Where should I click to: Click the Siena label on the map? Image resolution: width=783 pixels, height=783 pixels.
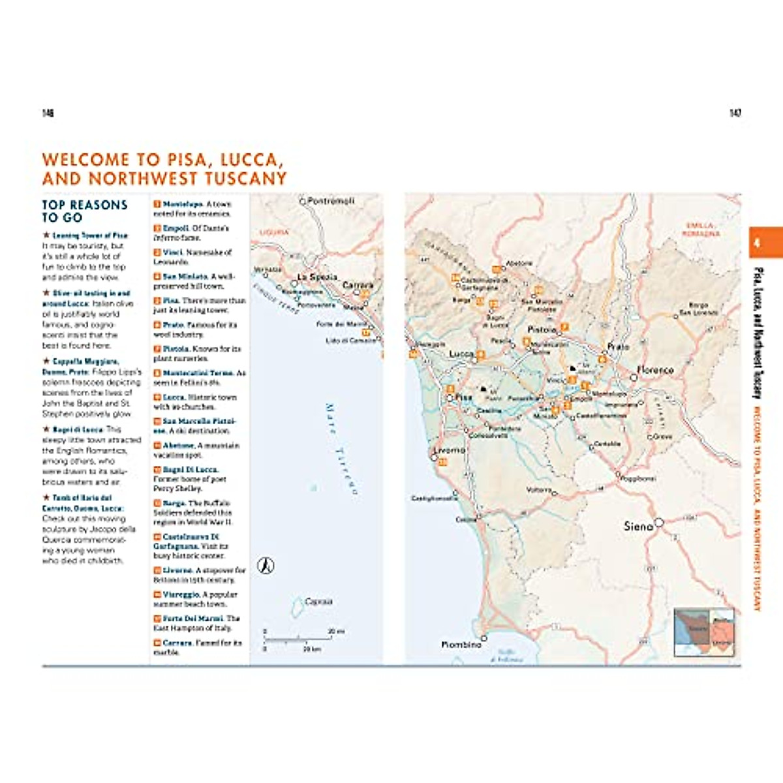(x=638, y=526)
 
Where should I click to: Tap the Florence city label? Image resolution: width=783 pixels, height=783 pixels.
(x=654, y=370)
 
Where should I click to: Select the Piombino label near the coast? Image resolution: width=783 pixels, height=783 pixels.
(x=461, y=645)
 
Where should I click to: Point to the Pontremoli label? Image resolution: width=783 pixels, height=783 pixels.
(x=331, y=201)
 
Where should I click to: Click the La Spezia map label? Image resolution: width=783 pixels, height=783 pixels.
(x=317, y=277)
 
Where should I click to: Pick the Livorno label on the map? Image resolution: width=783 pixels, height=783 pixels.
(x=450, y=450)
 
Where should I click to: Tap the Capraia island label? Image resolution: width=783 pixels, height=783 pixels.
(x=319, y=602)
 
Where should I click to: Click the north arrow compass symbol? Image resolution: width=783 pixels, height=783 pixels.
(x=266, y=565)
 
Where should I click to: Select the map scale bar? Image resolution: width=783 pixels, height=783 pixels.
(x=303, y=640)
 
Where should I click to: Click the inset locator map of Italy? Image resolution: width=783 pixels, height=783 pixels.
(x=704, y=632)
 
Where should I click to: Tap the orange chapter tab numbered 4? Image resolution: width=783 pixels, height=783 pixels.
(x=765, y=243)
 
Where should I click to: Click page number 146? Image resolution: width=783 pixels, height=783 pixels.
(x=48, y=113)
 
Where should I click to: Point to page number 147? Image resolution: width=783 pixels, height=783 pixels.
(x=735, y=113)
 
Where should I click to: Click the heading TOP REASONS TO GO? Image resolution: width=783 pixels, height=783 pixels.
(x=85, y=211)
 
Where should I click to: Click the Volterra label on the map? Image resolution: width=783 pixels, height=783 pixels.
(x=539, y=489)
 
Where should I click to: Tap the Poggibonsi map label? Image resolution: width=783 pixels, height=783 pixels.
(x=638, y=479)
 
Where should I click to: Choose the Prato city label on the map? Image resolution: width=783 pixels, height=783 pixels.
(x=618, y=346)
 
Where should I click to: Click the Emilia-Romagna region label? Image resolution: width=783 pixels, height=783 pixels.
(x=701, y=229)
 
